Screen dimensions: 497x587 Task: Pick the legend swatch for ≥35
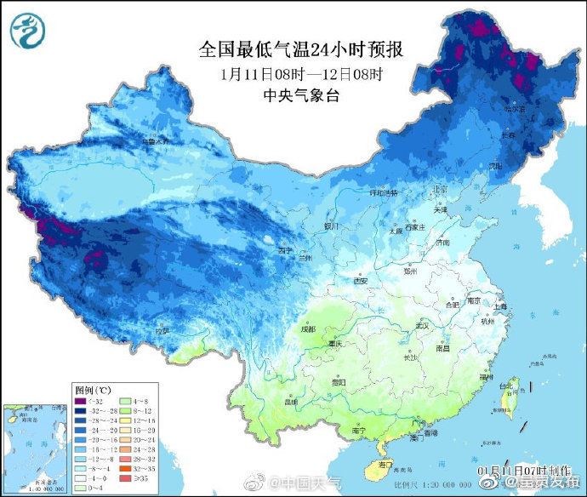pos(124,477)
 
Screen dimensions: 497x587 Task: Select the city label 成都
pos(307,328)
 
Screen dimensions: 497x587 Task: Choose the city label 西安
pos(360,281)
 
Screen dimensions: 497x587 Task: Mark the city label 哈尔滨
pos(512,109)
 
